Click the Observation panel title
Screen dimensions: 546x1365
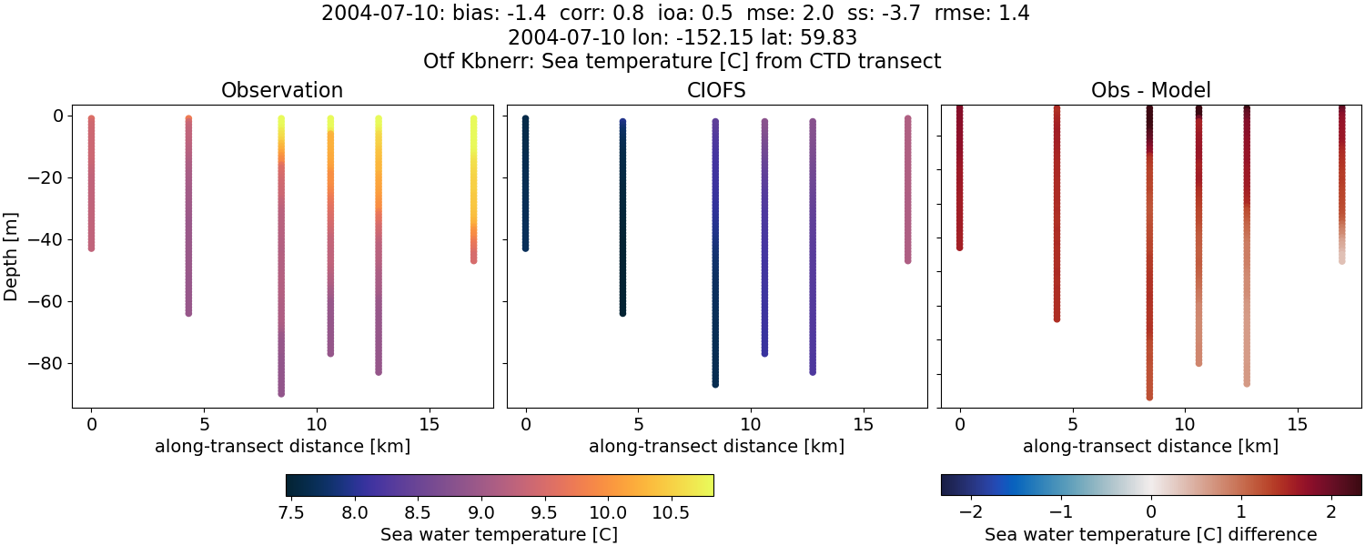point(282,91)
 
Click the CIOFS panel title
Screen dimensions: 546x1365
point(716,91)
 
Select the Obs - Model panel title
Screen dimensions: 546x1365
point(1150,91)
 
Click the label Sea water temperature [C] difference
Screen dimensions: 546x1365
point(1150,534)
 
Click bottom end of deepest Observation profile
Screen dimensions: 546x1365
point(281,393)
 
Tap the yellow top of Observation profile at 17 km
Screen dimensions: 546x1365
point(473,121)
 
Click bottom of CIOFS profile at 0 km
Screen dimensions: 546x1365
point(525,247)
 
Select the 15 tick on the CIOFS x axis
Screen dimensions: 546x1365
point(864,424)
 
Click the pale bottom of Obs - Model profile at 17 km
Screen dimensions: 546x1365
point(1341,259)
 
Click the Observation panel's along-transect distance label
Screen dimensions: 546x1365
point(282,446)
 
